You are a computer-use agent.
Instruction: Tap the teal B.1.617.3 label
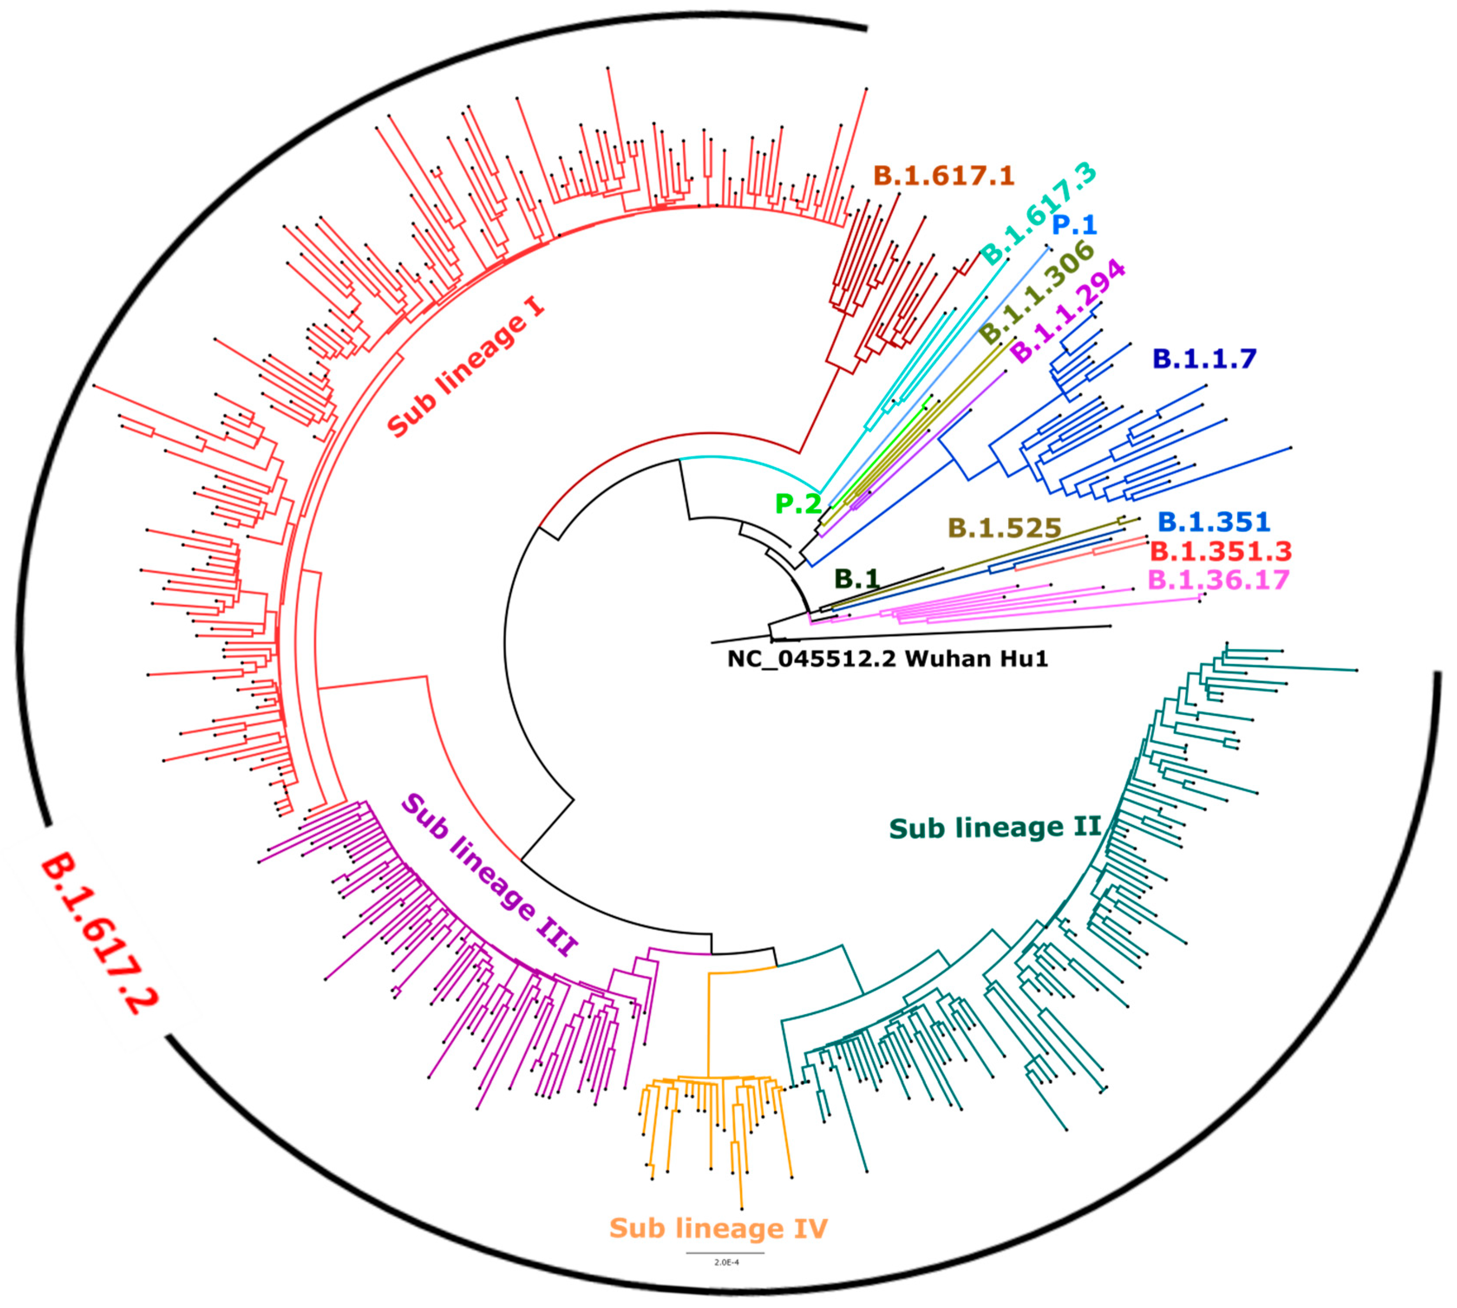pos(1039,213)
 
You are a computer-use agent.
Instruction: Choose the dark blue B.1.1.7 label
pos(1205,358)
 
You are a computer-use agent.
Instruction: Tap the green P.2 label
pos(797,504)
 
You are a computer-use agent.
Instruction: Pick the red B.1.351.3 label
pos(1220,551)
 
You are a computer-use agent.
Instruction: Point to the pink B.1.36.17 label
pos(1218,579)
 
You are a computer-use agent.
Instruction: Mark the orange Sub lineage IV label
pos(718,1227)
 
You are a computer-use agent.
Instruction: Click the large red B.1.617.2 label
pos(99,934)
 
